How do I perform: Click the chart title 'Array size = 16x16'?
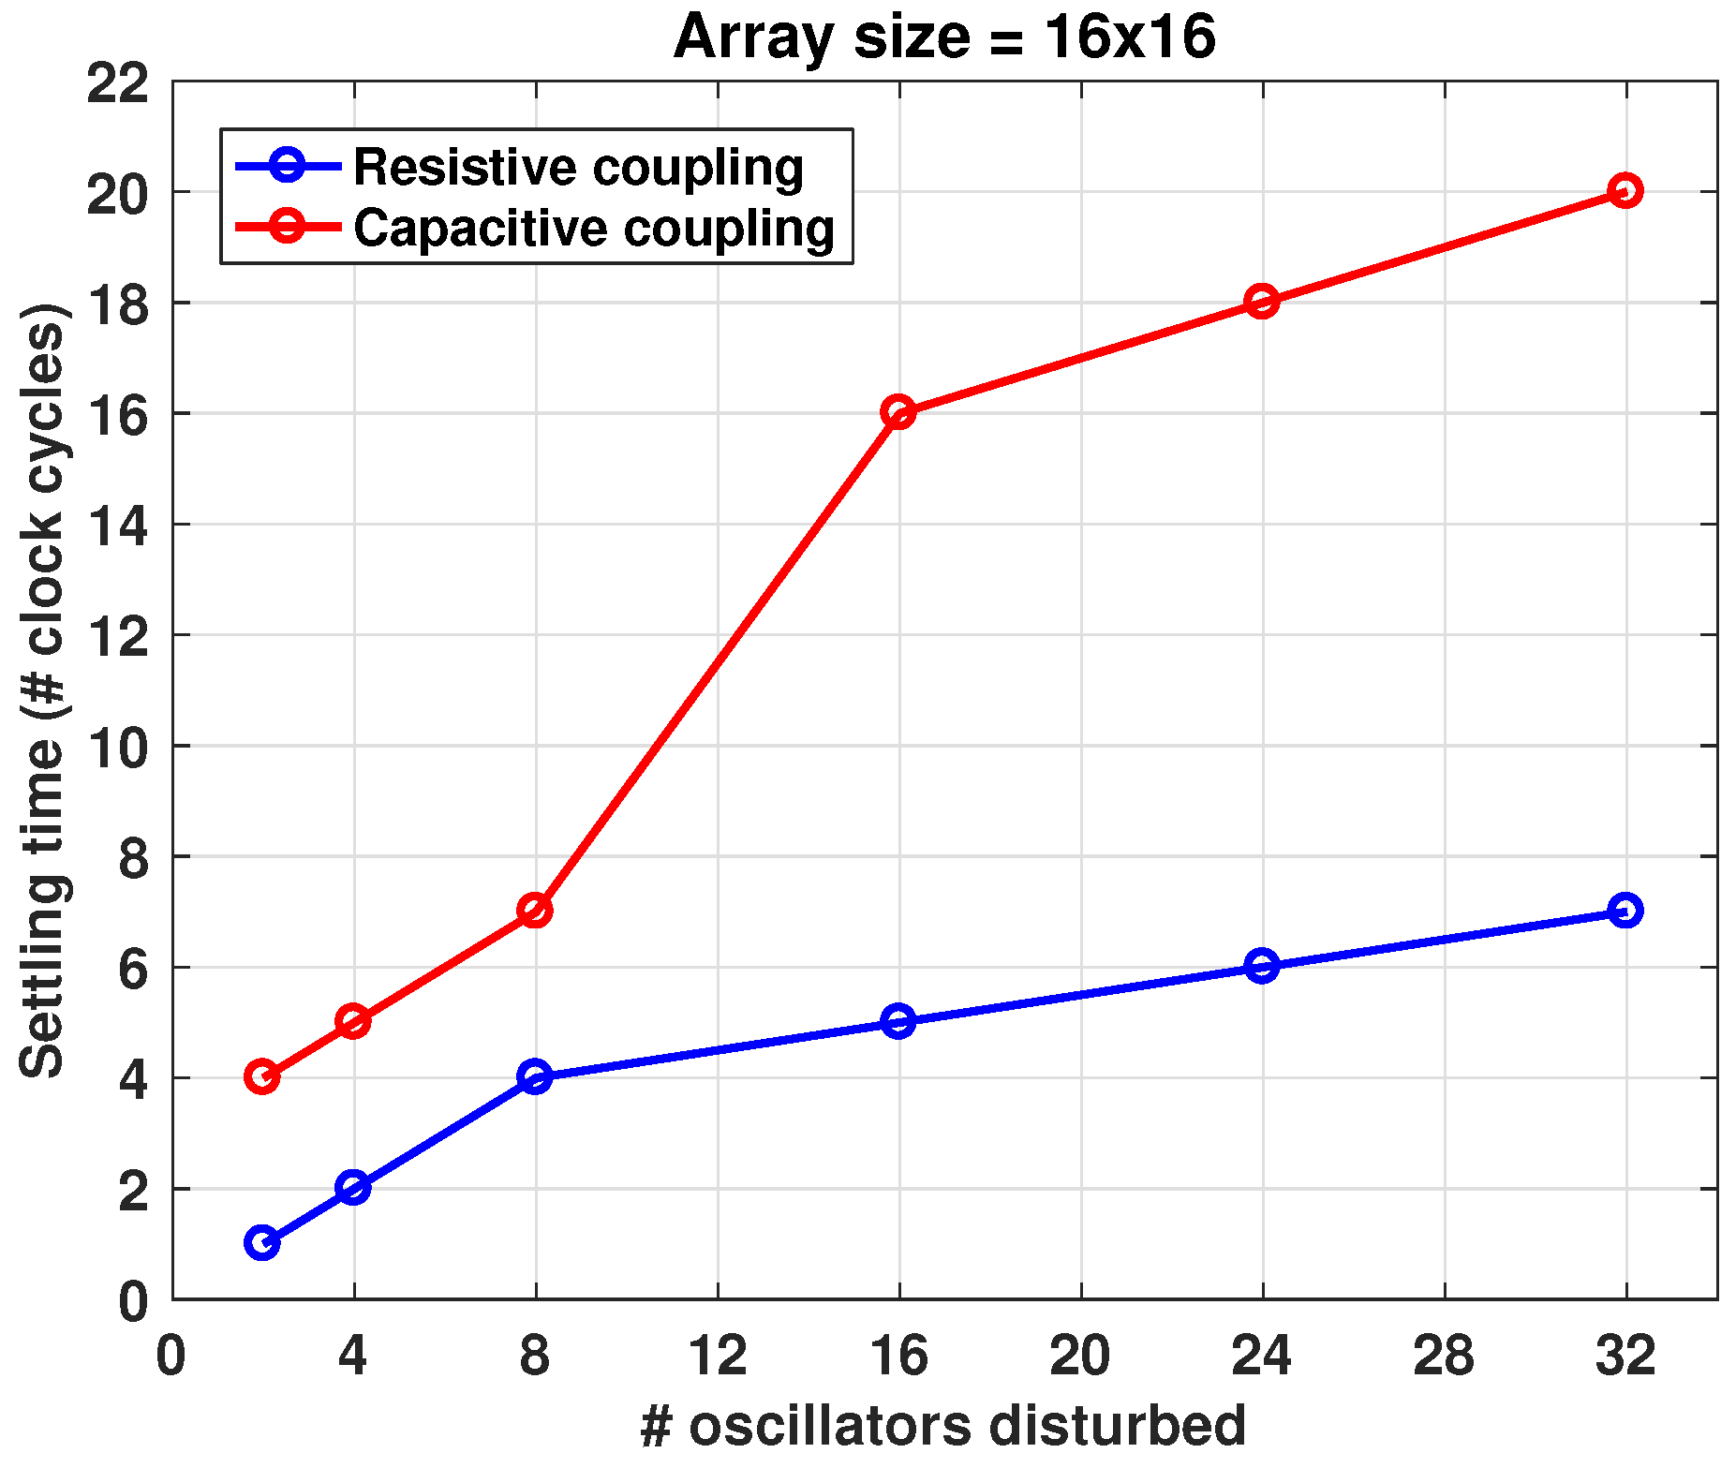(x=943, y=37)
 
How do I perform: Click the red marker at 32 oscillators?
(x=1625, y=190)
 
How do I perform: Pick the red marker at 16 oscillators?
(x=898, y=411)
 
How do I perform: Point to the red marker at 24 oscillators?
(x=1262, y=302)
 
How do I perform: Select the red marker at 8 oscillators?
(x=535, y=910)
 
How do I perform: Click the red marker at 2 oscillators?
(x=261, y=1076)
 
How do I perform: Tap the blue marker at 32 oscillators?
(x=1625, y=910)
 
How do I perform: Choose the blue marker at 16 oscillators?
(x=898, y=1021)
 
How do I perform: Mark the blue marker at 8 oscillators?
(x=535, y=1076)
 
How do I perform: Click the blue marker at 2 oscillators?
(x=261, y=1243)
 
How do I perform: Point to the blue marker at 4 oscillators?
(x=353, y=1188)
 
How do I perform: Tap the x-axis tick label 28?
(x=1444, y=1356)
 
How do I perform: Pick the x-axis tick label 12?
(x=718, y=1356)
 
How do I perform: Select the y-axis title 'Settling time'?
(x=42, y=690)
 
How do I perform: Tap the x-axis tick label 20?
(x=1080, y=1356)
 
